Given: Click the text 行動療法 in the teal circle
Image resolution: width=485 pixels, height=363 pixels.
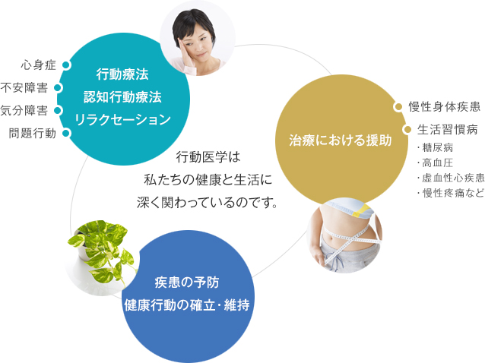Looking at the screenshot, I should point(122,74).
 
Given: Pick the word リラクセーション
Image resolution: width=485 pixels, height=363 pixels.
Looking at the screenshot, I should point(122,119).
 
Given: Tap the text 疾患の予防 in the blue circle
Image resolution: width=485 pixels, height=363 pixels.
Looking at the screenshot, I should point(187,283).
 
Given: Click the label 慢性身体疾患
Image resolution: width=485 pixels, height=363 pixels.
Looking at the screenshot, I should point(444,106).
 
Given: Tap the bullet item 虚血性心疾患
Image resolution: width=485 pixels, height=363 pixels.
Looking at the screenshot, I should point(449,178).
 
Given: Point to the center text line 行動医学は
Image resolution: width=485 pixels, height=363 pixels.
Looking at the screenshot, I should point(207,157).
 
